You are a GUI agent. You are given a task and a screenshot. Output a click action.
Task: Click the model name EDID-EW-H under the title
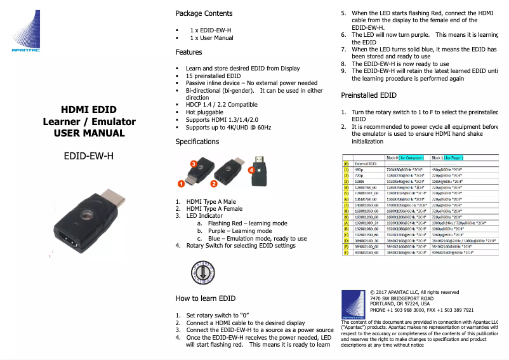tap(89, 154)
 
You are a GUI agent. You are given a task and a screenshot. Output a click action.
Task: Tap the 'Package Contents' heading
tap(204, 13)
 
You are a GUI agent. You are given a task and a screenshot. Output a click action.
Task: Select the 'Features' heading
tap(188, 52)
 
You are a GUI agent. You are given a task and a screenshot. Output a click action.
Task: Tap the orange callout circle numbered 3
tap(194, 163)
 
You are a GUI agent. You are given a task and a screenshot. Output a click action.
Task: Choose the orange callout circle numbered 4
tap(252, 170)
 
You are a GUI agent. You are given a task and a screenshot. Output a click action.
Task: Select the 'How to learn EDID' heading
tap(206, 298)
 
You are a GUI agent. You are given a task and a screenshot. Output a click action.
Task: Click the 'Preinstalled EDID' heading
tap(369, 95)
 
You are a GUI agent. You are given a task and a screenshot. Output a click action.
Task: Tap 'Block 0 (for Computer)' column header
tap(406, 157)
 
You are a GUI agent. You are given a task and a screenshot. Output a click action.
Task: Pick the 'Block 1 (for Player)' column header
tap(453, 157)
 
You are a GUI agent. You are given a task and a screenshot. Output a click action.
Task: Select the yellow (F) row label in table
tap(347, 252)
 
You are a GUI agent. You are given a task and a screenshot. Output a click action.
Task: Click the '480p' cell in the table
tap(359, 170)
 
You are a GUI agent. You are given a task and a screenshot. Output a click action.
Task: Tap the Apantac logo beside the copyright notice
tap(354, 304)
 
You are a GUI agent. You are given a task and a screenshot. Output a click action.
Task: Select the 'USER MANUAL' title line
tap(89, 133)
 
